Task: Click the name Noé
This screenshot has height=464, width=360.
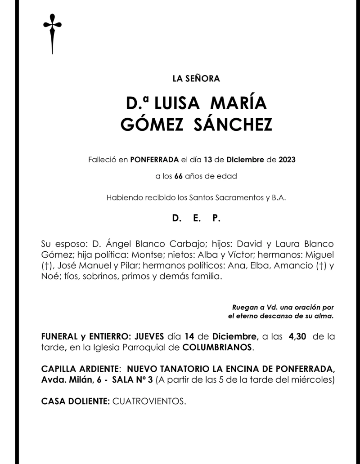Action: tap(49, 276)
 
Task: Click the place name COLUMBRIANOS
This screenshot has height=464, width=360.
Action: tap(217, 348)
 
